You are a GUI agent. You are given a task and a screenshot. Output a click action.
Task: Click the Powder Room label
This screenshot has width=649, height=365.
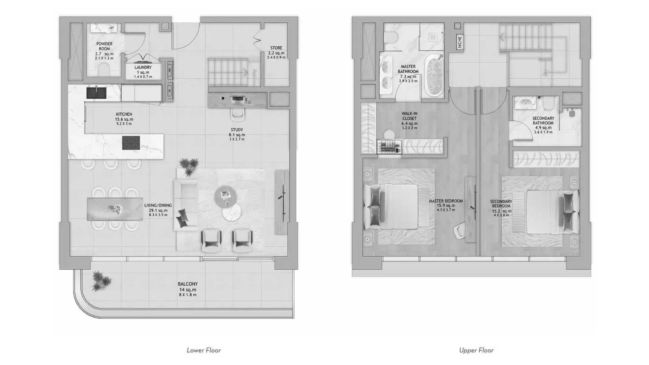pyautogui.click(x=104, y=46)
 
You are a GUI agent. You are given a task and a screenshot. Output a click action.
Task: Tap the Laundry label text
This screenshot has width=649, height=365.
pyautogui.click(x=143, y=67)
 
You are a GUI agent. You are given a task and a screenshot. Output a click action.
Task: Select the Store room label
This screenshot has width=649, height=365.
pyautogui.click(x=276, y=48)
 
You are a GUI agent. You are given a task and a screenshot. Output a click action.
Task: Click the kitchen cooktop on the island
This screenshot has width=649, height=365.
pyautogui.click(x=131, y=143)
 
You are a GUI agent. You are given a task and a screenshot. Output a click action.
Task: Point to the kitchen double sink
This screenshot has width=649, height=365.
pyautogui.click(x=96, y=93)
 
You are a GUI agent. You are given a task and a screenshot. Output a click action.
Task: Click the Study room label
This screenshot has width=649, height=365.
pyautogui.click(x=237, y=130)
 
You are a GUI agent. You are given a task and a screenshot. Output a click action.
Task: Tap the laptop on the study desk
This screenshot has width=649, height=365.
pyautogui.click(x=238, y=99)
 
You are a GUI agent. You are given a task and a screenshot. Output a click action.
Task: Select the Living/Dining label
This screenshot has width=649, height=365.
pyautogui.click(x=158, y=205)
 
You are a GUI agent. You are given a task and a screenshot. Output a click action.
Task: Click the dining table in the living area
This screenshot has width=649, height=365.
pyautogui.click(x=115, y=209)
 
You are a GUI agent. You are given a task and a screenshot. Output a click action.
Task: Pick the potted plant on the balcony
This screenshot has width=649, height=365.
pyautogui.click(x=101, y=281)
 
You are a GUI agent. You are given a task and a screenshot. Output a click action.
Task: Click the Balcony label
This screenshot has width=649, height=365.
pyautogui.click(x=188, y=284)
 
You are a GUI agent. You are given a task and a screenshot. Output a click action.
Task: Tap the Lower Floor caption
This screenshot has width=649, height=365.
pyautogui.click(x=204, y=350)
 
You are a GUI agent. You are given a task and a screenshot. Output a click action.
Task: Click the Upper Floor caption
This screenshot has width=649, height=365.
pyautogui.click(x=476, y=350)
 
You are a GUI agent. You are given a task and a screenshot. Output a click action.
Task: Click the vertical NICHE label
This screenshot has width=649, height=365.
pyautogui.click(x=459, y=42)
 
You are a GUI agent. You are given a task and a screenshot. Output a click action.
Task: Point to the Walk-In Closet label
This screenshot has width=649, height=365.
pyautogui.click(x=409, y=116)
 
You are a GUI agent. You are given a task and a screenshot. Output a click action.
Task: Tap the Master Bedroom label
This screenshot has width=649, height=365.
pyautogui.click(x=446, y=201)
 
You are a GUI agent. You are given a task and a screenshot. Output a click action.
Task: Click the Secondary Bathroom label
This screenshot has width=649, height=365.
pyautogui.click(x=543, y=121)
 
